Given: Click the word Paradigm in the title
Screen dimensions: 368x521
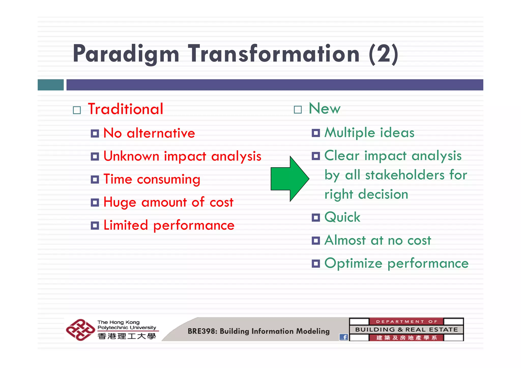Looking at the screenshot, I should [126, 54].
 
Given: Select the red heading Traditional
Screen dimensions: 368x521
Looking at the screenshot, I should [125, 109].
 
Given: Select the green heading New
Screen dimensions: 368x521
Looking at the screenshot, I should [324, 109].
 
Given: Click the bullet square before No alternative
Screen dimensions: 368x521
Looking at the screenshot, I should [95, 134].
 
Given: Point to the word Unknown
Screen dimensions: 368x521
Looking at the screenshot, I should [131, 156].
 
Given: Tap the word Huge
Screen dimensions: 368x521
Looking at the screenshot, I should [120, 203].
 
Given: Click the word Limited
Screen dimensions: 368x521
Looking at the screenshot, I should [126, 225].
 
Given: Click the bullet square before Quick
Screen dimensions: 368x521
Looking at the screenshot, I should [316, 218].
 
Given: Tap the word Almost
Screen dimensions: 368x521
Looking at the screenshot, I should [345, 240].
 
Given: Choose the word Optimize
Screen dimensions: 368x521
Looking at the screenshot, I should [353, 263].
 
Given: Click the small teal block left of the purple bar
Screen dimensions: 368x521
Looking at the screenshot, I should [51, 85].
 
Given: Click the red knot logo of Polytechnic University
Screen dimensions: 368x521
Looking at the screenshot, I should [80, 330].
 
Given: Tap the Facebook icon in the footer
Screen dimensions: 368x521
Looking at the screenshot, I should [344, 337].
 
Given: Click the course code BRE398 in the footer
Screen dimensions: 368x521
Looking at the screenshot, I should [202, 331].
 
